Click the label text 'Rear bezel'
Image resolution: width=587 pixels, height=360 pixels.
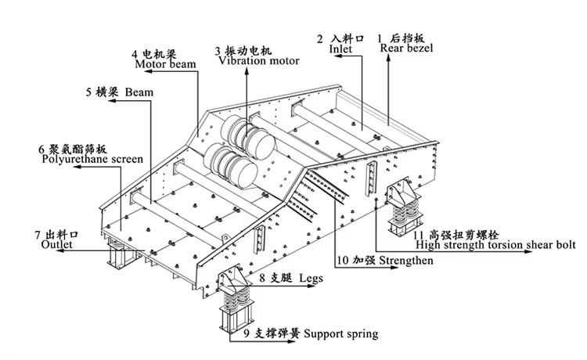pos(406,48)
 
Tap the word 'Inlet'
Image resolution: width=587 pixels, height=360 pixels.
pos(340,49)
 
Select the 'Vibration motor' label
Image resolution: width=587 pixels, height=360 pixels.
pos(259,60)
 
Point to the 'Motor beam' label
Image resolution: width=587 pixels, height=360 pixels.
pos(165,64)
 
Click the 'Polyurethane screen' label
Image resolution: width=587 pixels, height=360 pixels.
pos(92,159)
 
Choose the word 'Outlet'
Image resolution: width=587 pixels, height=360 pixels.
pos(57,245)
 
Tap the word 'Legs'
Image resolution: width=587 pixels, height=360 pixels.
pos(311,279)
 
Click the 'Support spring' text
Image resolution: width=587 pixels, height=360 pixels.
pos(340,334)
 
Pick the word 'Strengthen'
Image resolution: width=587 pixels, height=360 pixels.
pos(406,261)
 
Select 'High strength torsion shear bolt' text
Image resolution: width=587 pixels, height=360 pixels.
pos(495,245)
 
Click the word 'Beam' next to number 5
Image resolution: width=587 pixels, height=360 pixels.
pos(139,92)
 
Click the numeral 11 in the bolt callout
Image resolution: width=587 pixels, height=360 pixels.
pos(418,236)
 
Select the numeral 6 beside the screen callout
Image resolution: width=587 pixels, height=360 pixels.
pos(41,149)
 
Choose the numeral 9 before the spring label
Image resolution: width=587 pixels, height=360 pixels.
pos(247,333)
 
